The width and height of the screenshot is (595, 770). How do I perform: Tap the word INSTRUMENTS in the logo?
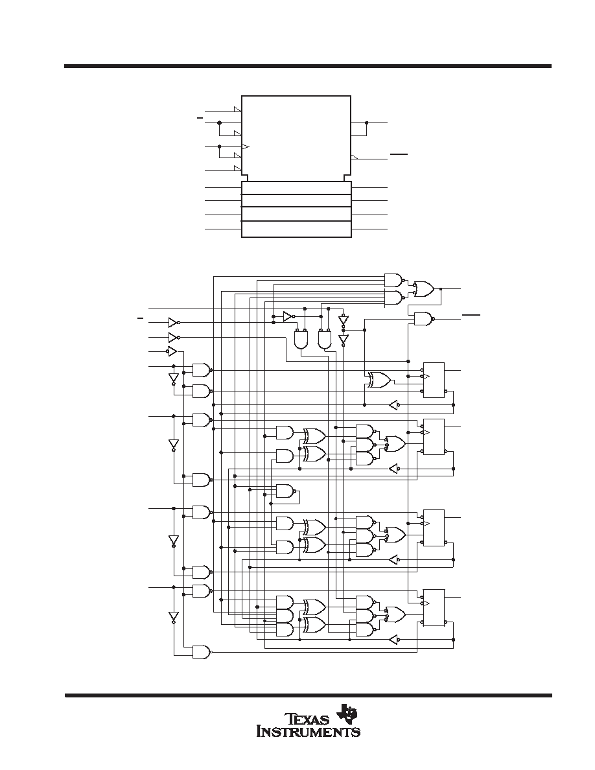pos(309,732)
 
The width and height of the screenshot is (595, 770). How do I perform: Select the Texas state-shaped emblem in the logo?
pos(347,713)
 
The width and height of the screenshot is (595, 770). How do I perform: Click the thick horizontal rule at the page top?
pos(308,66)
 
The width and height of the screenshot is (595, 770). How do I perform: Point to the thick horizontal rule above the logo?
pos(308,695)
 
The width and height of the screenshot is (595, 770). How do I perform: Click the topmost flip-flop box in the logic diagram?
pos(434,380)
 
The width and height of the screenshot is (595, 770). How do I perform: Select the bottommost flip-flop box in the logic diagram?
pos(434,607)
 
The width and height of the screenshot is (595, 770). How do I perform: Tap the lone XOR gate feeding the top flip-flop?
pos(380,379)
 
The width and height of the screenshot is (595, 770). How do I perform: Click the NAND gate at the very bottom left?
pos(202,651)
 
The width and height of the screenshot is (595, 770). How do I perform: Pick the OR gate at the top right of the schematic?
pos(424,289)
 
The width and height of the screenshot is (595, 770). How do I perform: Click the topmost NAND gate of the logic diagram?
pos(394,281)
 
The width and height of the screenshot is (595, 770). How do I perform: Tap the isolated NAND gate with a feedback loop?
pos(286,491)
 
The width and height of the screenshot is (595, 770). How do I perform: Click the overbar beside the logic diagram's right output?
pos(471,314)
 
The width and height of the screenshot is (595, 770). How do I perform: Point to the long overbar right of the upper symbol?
pos(399,154)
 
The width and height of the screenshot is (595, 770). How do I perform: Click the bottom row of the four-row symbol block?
pos(296,229)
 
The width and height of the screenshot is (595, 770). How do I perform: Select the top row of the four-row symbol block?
pos(296,187)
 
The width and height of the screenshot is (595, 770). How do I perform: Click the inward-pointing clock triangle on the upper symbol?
pos(246,147)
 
